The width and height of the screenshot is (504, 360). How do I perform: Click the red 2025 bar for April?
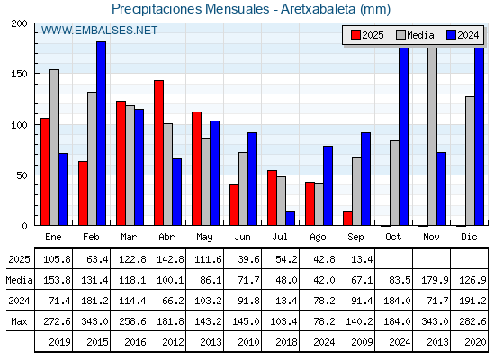tap(158, 153)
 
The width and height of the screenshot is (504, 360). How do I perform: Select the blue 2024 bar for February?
tap(101, 133)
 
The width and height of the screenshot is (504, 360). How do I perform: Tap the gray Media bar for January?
tap(54, 148)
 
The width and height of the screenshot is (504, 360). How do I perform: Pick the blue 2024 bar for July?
tap(290, 219)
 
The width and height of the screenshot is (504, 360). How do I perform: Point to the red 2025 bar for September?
tap(347, 219)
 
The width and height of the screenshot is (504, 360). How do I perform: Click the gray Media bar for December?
tap(470, 161)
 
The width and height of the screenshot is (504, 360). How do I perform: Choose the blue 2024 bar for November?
tap(442, 189)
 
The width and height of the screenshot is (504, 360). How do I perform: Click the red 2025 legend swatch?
tap(355, 35)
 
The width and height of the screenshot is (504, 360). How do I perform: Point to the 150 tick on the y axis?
tap(20, 74)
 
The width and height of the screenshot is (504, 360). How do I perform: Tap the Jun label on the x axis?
tap(242, 237)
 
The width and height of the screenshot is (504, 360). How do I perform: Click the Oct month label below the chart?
tap(393, 237)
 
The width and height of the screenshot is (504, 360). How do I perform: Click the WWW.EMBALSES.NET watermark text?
tap(99, 31)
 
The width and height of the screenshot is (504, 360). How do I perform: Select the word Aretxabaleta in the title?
tap(319, 9)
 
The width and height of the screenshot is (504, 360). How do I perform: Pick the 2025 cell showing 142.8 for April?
tap(170, 259)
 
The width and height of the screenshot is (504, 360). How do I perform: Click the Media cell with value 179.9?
tap(435, 280)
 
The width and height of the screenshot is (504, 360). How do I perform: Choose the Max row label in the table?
tap(19, 321)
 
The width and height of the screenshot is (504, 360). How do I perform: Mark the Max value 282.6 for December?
tap(472, 321)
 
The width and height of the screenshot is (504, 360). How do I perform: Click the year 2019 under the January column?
tap(59, 342)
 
